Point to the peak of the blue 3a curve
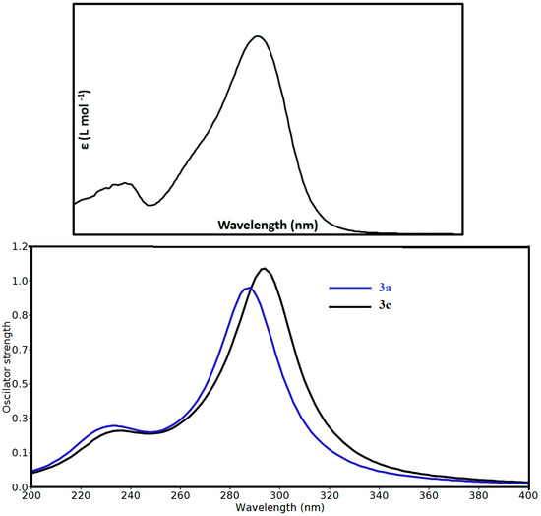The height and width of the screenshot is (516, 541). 249,288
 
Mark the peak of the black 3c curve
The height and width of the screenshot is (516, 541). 264,268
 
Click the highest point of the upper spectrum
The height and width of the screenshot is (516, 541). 258,36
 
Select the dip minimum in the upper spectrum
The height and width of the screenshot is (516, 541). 150,205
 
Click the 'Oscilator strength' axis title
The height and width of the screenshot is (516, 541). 9,365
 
